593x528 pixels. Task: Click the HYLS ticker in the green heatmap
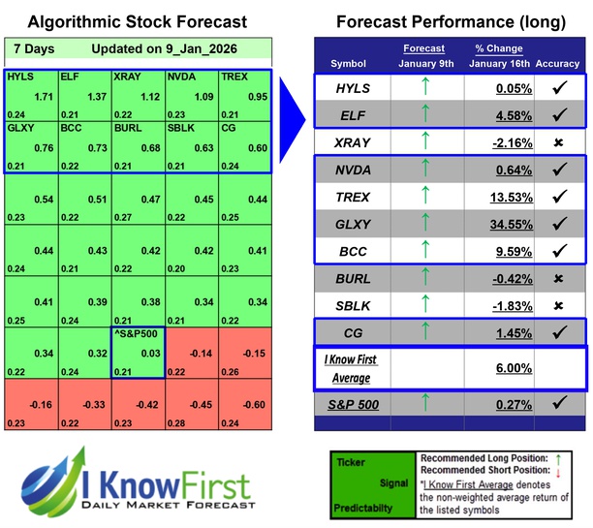coord(18,76)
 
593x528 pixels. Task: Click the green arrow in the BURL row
coord(423,280)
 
